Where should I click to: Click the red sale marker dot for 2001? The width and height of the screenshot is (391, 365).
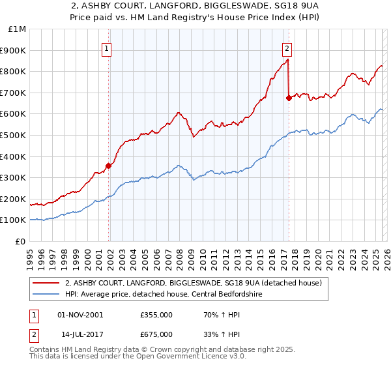point(108,166)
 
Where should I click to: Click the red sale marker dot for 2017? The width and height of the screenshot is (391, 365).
point(289,98)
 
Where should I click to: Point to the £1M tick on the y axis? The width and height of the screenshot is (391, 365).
point(17,29)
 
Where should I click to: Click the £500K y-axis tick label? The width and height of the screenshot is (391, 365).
point(14,136)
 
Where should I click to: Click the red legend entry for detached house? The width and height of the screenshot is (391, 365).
point(194,284)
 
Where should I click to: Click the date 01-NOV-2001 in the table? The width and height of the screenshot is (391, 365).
point(80,315)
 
